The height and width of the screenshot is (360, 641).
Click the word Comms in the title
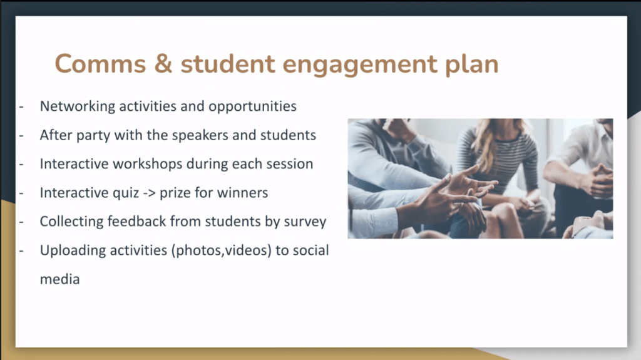coord(100,64)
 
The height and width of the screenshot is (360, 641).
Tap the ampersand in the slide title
coord(163,64)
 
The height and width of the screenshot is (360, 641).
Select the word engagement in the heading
coord(360,65)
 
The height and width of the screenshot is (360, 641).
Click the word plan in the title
coord(472,65)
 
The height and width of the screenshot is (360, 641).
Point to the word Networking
coord(78,106)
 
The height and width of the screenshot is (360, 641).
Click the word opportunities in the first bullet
coord(252,107)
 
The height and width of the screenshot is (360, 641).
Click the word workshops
coord(148,164)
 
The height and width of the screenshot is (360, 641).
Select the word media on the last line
coord(59,279)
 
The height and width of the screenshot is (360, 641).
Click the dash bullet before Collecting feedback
coord(21,222)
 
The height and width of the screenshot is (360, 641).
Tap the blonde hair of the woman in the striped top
coord(487,143)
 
